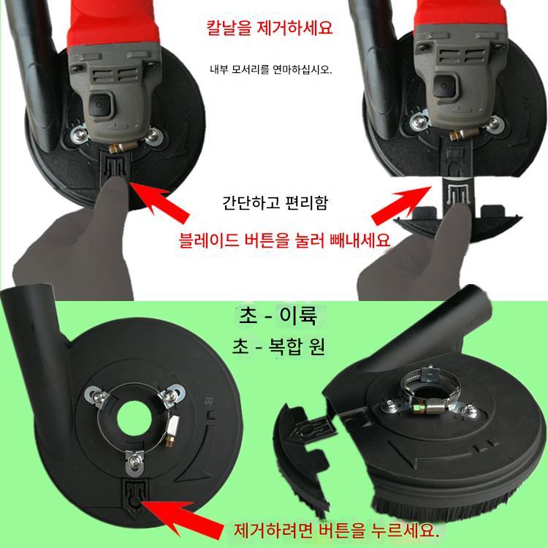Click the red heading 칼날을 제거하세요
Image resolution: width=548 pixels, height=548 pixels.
(270, 28)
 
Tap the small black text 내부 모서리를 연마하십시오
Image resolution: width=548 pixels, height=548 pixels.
(271, 69)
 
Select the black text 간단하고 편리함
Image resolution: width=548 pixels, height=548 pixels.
(275, 202)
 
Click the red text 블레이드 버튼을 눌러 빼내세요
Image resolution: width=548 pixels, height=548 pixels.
(284, 240)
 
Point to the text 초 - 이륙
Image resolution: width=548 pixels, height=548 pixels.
(278, 316)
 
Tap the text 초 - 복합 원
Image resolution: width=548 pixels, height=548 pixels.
(278, 346)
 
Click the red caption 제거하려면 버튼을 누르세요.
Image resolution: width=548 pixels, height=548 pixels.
(336, 530)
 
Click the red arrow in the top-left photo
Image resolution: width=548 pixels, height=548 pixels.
(159, 201)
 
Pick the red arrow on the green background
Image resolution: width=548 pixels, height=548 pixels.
(182, 520)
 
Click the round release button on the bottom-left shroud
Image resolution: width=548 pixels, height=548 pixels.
(134, 502)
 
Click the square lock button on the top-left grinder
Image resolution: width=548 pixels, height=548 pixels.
(101, 104)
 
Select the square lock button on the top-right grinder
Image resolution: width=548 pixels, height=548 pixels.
(444, 85)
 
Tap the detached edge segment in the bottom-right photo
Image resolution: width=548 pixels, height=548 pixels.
(303, 461)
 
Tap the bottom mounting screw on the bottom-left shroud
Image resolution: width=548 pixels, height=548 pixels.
(133, 462)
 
